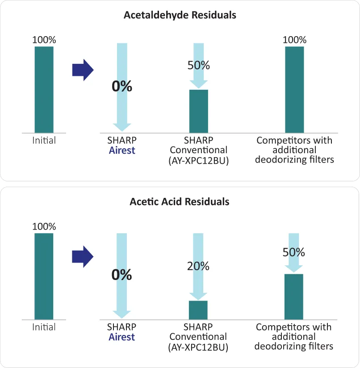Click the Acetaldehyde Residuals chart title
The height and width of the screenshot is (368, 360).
[x=180, y=15]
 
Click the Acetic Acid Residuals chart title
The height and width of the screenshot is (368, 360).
[x=180, y=202]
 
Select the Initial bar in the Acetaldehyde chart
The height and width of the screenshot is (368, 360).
[x=44, y=89]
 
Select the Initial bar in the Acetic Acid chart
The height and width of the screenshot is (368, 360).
[x=44, y=276]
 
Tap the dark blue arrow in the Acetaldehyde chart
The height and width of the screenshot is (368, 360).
[x=82, y=70]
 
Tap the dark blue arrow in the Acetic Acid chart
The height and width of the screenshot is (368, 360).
[x=82, y=257]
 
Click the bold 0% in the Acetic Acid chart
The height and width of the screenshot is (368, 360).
[x=122, y=275]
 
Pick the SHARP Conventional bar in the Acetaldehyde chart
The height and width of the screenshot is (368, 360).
[x=199, y=111]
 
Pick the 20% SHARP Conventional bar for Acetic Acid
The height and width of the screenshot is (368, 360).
[x=199, y=310]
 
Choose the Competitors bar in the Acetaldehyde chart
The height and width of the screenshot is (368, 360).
[x=294, y=89]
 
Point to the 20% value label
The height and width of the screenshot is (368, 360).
[x=198, y=266]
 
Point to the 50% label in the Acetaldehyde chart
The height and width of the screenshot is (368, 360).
[x=198, y=65]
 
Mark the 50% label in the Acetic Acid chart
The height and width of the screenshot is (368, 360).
[x=294, y=252]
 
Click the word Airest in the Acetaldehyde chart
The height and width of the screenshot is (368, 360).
[x=122, y=151]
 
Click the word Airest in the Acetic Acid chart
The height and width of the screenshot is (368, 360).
[x=122, y=337]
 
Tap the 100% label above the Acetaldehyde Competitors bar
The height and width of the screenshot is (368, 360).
[x=294, y=40]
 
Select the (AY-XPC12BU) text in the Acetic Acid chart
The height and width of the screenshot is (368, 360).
[x=199, y=347]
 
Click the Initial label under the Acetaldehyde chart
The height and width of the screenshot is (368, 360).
[x=44, y=141]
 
